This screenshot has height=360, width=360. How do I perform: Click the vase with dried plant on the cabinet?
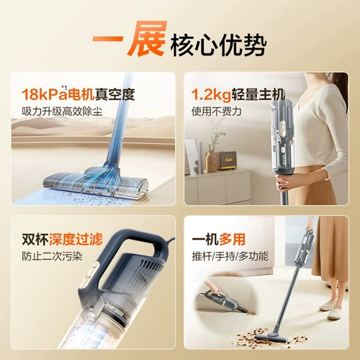point(212,155)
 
